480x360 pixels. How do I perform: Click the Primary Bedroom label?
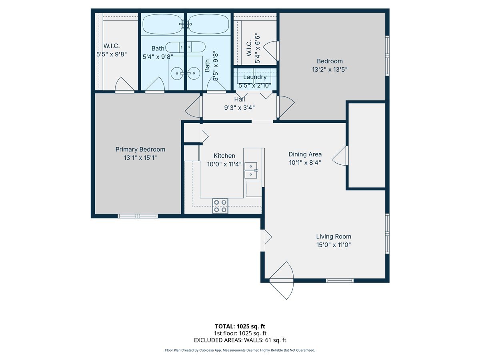pyautogui.click(x=140, y=149)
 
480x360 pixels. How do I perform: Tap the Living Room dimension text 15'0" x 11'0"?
pyautogui.click(x=333, y=245)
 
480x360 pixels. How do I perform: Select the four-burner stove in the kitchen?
pyautogui.click(x=220, y=206)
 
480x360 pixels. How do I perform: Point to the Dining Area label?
pyautogui.click(x=305, y=154)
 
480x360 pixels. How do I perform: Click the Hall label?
pyautogui.click(x=240, y=99)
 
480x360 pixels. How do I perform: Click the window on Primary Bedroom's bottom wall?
pyautogui.click(x=138, y=216)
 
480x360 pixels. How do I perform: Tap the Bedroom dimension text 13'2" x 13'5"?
pyautogui.click(x=330, y=69)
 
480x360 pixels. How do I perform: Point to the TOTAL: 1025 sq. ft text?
pyautogui.click(x=240, y=326)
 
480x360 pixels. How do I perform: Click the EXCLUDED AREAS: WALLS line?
pyautogui.click(x=240, y=340)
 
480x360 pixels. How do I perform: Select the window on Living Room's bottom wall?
pyautogui.click(x=340, y=280)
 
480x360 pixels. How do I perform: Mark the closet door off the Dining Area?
pyautogui.click(x=341, y=155)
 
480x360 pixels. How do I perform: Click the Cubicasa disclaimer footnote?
pyautogui.click(x=240, y=350)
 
